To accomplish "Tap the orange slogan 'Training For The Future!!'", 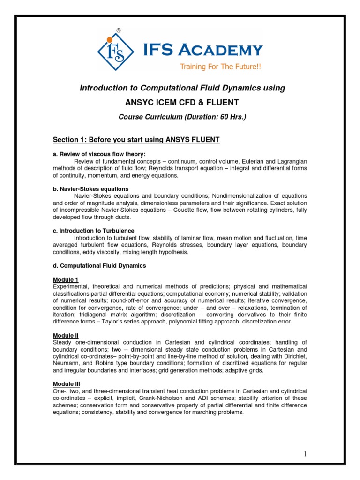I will [220, 67].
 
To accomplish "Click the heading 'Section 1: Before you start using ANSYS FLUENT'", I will [136, 140].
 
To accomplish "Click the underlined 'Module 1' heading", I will [66, 279].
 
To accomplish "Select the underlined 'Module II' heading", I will [66, 336].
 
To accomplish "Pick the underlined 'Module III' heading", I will [67, 384].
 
